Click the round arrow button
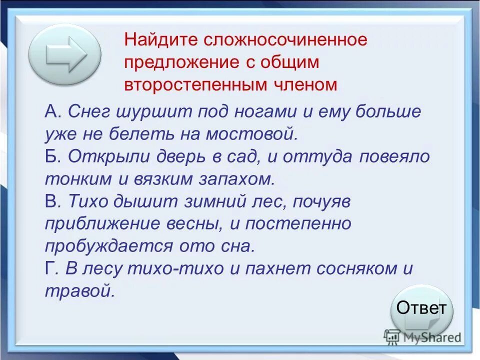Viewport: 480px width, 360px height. click(65, 55)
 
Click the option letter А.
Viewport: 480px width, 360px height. click(51, 112)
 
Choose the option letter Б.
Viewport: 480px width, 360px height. click(51, 156)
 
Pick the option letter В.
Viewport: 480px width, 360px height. click(51, 200)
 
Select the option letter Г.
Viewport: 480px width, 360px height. click(50, 268)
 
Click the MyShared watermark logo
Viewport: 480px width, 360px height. click(422, 337)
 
